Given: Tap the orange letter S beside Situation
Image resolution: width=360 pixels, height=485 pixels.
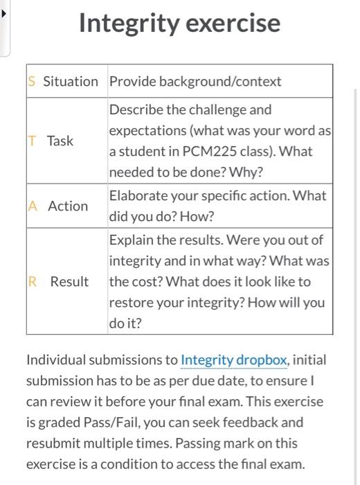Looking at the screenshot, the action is (x=32, y=82).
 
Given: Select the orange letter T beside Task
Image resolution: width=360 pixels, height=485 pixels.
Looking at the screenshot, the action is (x=32, y=141).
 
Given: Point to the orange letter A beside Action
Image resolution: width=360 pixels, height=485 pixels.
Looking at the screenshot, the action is (x=33, y=206).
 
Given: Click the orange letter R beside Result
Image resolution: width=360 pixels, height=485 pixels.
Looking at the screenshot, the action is (x=33, y=282).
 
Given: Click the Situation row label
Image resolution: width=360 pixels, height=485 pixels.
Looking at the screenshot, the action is (x=71, y=82).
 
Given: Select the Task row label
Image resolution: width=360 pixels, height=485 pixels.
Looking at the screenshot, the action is (x=60, y=141).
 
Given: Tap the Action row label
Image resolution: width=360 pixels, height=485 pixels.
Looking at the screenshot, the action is (x=68, y=206).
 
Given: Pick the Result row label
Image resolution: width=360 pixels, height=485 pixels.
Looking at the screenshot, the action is (x=69, y=282).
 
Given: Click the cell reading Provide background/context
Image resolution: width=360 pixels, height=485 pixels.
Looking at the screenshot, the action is (x=195, y=82).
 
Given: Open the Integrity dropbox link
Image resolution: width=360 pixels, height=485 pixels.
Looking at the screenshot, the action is (x=233, y=360).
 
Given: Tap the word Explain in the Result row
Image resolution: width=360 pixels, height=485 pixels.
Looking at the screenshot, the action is (x=131, y=240).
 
